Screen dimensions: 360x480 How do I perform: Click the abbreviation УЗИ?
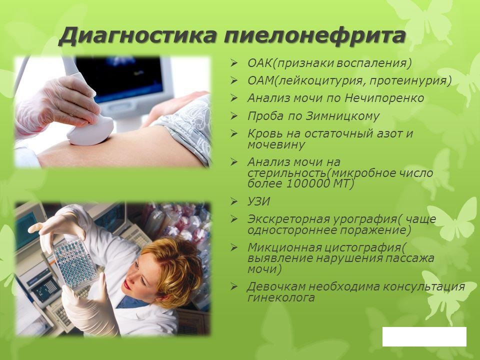(258, 202)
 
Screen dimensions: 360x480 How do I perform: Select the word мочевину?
(275, 144)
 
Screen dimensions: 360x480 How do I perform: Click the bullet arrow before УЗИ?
(233, 202)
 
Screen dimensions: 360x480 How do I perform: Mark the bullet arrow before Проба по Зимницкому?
(233, 116)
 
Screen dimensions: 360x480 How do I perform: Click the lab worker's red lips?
(127, 285)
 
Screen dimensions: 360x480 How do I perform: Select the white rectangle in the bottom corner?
(424, 336)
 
